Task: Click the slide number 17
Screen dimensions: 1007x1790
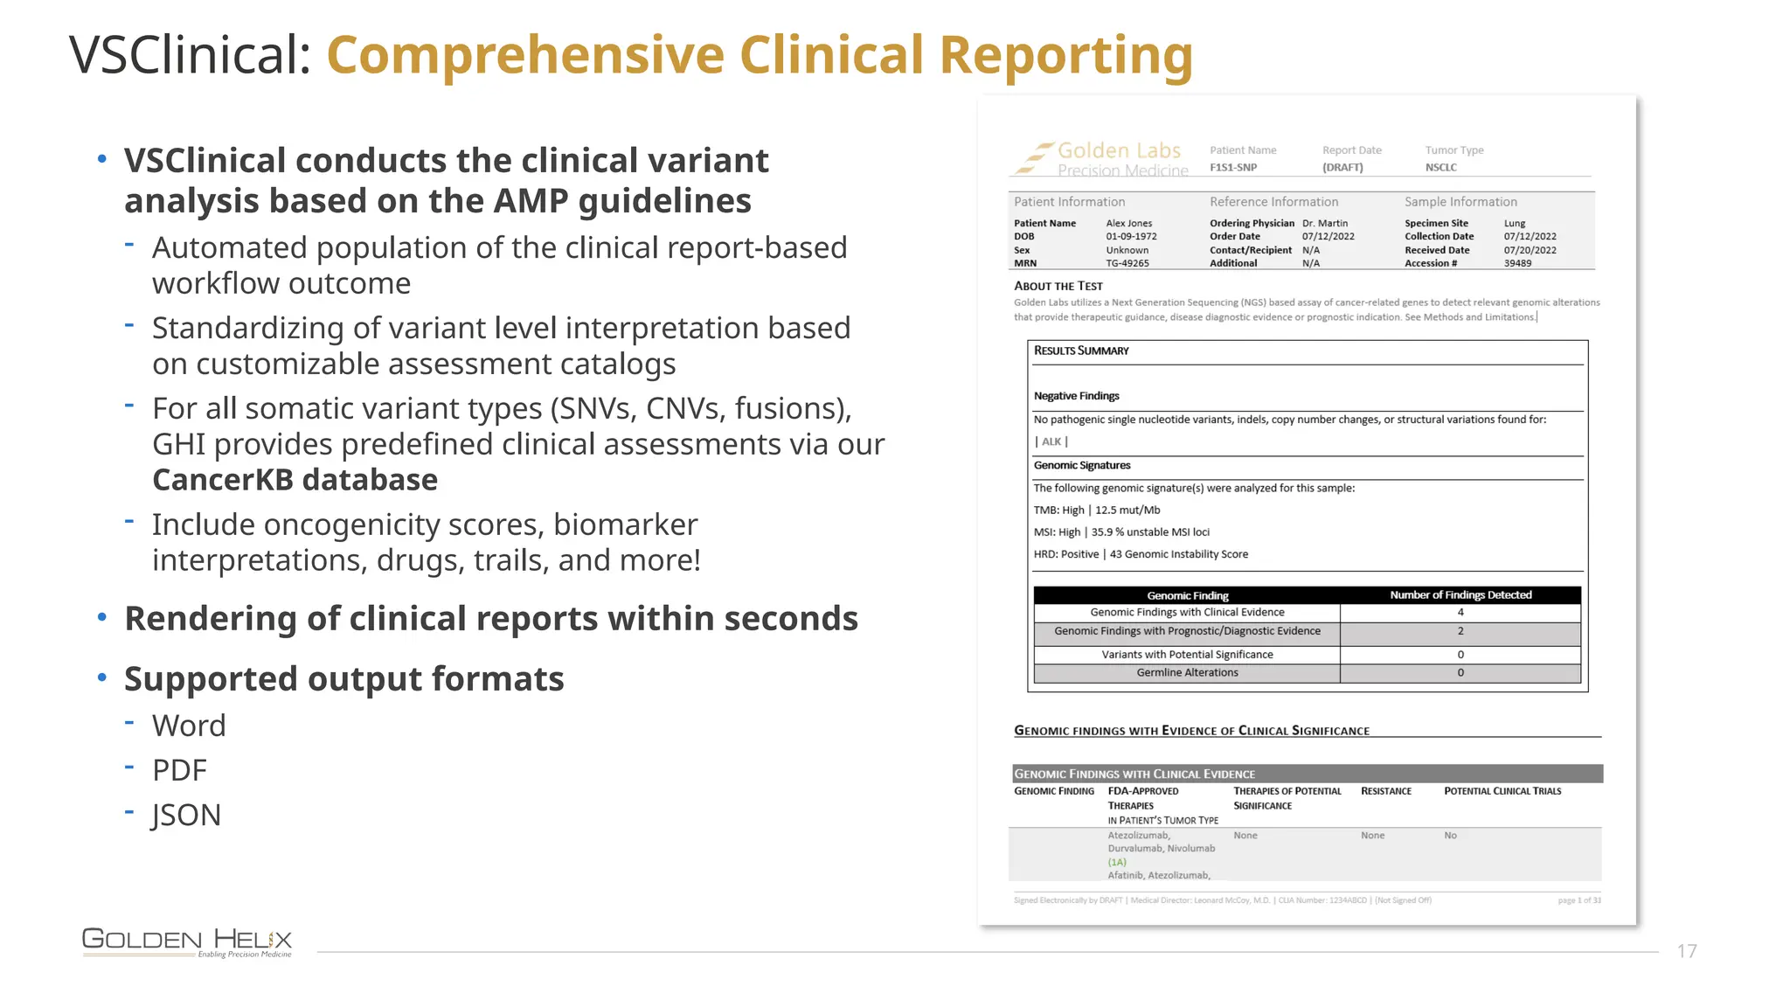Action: click(1686, 951)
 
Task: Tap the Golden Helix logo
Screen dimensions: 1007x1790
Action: click(187, 941)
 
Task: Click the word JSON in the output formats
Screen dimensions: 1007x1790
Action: click(186, 815)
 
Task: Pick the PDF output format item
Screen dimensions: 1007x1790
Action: click(179, 770)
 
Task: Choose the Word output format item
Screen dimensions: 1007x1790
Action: click(189, 726)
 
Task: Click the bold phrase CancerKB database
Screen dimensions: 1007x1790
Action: click(295, 480)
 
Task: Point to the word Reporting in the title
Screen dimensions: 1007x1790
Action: click(1065, 55)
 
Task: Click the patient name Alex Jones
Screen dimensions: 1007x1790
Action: click(1128, 224)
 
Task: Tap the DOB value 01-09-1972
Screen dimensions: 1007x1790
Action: click(1131, 237)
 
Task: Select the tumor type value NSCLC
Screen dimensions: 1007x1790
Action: click(1440, 168)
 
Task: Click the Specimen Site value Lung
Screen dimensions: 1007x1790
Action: click(1514, 224)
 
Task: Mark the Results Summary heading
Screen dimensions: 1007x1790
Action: click(1081, 351)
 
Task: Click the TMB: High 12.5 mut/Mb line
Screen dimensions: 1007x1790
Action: click(1097, 510)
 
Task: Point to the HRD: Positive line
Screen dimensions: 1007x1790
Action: click(1141, 554)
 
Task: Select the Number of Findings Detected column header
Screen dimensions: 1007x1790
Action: click(1460, 595)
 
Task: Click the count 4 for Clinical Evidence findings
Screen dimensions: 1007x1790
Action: click(1460, 613)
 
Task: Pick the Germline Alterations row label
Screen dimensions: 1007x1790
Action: click(1187, 673)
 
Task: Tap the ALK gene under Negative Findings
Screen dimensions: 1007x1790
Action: click(1051, 442)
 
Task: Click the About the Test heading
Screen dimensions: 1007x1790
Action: click(1058, 287)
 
